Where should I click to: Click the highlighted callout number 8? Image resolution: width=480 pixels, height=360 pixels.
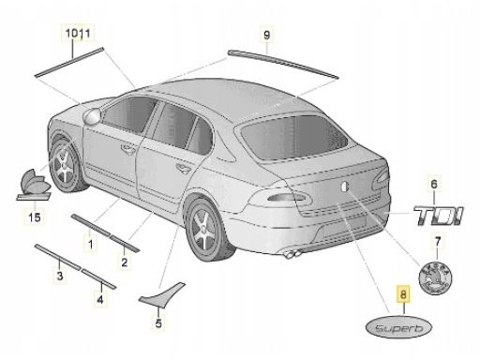click(x=402, y=294)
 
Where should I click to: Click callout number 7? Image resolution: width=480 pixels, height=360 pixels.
click(x=434, y=241)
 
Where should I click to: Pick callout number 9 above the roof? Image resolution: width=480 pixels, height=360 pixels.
click(x=266, y=37)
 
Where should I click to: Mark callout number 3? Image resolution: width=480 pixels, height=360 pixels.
click(x=58, y=277)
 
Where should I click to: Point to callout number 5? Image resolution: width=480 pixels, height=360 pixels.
click(x=158, y=324)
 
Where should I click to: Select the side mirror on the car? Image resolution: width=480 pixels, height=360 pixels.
click(x=92, y=115)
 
